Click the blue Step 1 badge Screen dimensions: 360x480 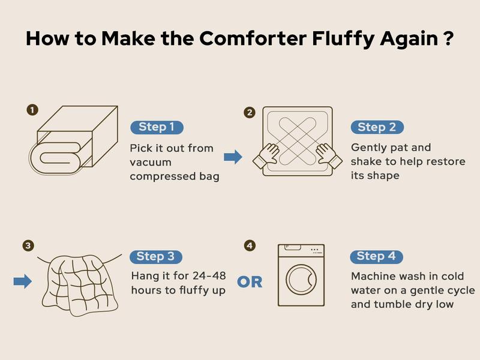(157, 127)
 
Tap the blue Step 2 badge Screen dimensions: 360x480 (377, 127)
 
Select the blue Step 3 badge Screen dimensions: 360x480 (155, 257)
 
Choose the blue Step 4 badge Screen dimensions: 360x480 (376, 256)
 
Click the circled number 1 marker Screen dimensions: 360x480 (32, 110)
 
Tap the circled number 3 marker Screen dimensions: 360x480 (28, 246)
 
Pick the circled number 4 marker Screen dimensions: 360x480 (250, 246)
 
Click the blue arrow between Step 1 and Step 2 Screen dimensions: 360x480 (233, 157)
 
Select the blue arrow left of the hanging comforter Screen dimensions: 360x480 (22, 281)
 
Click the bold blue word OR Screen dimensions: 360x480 (250, 282)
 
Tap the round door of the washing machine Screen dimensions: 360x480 (301, 279)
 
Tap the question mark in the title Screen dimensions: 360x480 (447, 38)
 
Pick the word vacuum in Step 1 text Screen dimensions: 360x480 (151, 162)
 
